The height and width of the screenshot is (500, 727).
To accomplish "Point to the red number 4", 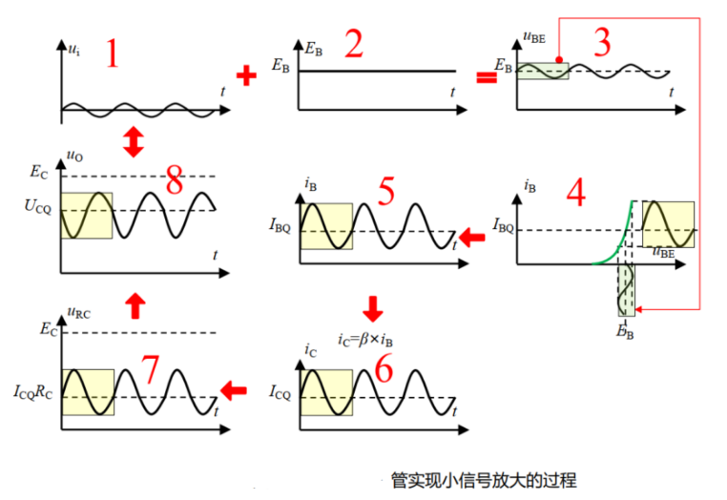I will coord(574,193).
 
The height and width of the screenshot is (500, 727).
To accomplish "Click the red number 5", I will coord(386,192).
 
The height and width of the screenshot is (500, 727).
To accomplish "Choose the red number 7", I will coord(148,368).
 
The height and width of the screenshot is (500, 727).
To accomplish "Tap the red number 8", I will coord(175,182).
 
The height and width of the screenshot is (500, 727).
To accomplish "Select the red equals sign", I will coord(487,76).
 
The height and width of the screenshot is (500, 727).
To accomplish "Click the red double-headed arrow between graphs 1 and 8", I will coord(134,144).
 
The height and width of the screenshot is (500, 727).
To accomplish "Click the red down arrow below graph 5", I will coord(372,308).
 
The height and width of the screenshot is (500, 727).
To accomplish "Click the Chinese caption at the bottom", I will coord(484,480).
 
